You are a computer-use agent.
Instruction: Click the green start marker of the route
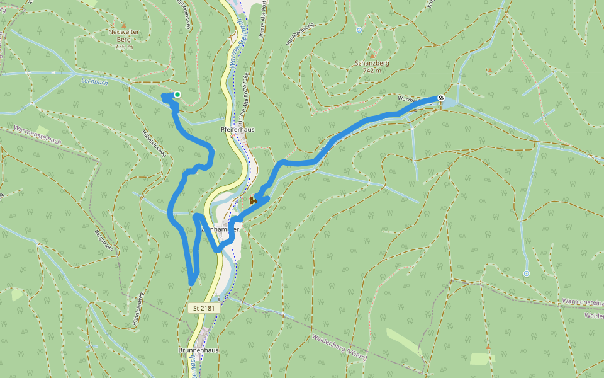tap(177, 95)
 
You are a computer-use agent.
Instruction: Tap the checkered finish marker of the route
tap(442, 98)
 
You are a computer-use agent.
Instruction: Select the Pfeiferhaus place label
tap(238, 129)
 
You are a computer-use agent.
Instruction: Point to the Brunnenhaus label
tap(198, 350)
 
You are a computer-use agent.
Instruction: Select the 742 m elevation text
tap(372, 71)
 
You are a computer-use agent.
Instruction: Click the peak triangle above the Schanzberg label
tap(372, 55)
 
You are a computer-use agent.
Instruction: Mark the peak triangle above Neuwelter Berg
tap(123, 25)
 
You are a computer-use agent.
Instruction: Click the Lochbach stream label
tap(94, 81)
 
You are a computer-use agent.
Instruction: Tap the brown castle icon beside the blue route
tap(252, 200)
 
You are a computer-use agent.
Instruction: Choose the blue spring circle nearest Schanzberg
tap(359, 30)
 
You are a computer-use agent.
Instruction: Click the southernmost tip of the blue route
tap(191, 283)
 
